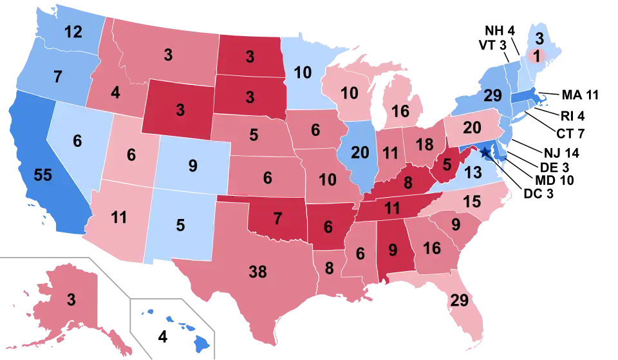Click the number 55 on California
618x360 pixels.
pyautogui.click(x=42, y=175)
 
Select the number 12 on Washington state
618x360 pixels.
pyautogui.click(x=73, y=32)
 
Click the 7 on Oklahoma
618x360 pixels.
pyautogui.click(x=277, y=219)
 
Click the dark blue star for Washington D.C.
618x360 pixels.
pyautogui.click(x=485, y=153)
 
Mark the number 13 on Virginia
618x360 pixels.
pyautogui.click(x=473, y=172)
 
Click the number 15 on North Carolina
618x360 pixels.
pyautogui.click(x=472, y=202)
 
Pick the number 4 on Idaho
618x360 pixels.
pyautogui.click(x=115, y=93)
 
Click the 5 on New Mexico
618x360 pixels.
pyautogui.click(x=180, y=225)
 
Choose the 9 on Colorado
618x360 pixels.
pyautogui.click(x=192, y=166)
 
